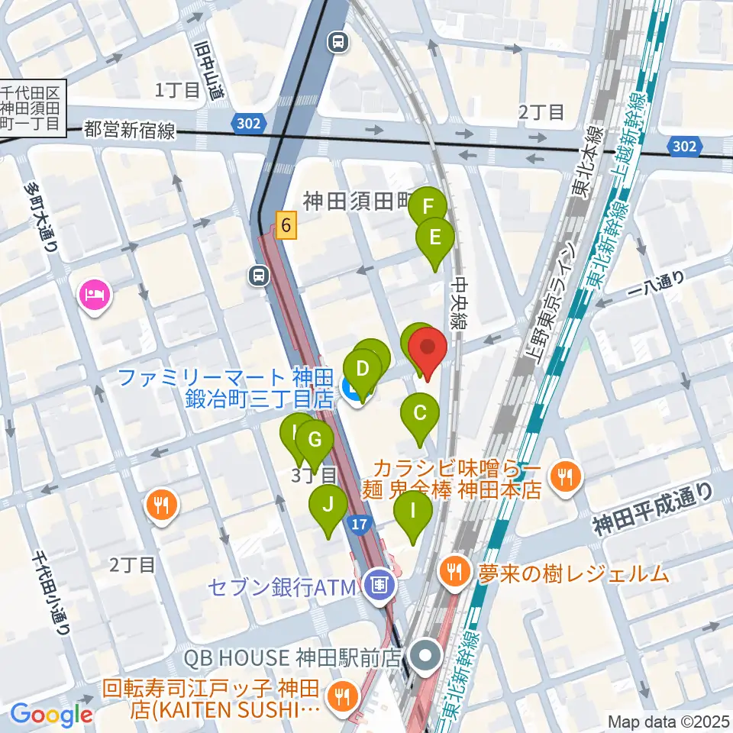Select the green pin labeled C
click(420, 414)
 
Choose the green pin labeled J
click(328, 505)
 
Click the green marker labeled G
click(314, 440)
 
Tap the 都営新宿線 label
click(130, 131)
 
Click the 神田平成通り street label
click(654, 512)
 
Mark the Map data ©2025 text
click(667, 721)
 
